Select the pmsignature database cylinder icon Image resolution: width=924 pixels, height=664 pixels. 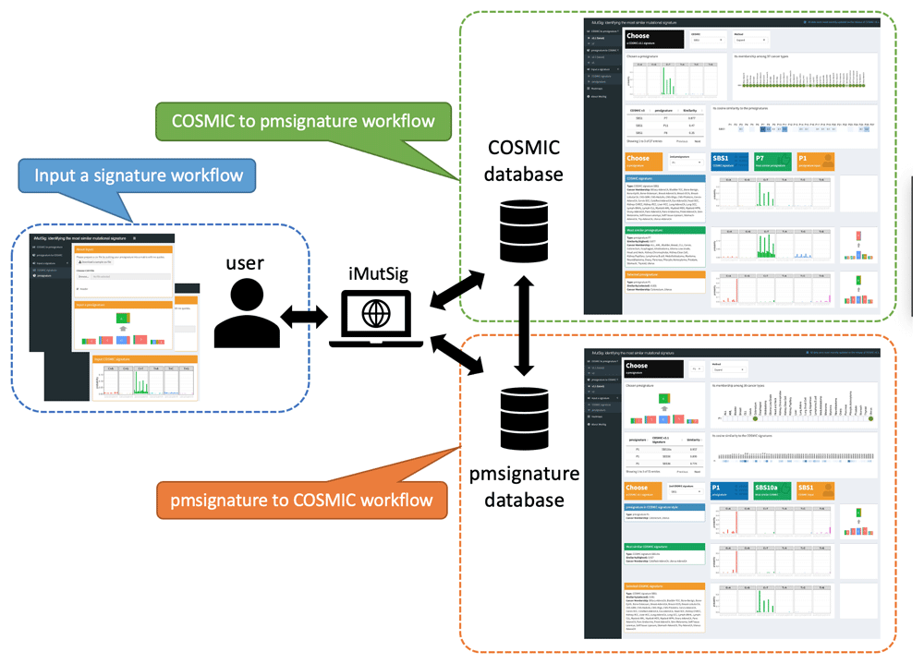click(525, 420)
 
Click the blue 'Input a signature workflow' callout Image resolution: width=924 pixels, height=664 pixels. click(138, 175)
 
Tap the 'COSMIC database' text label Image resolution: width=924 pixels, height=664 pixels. click(524, 162)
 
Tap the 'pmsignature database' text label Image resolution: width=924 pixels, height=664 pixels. click(524, 487)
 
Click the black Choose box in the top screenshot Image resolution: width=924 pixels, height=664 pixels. click(653, 39)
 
